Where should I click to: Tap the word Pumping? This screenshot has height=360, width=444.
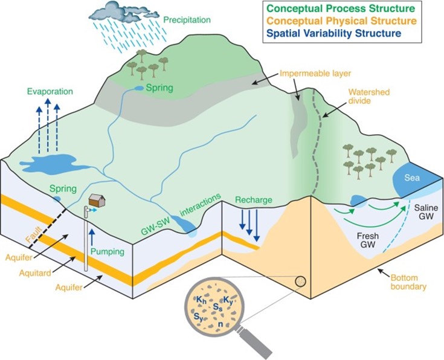click(x=109, y=248)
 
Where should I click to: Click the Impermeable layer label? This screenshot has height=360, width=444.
click(x=309, y=75)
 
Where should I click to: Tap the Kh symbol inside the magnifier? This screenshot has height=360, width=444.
click(x=200, y=300)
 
